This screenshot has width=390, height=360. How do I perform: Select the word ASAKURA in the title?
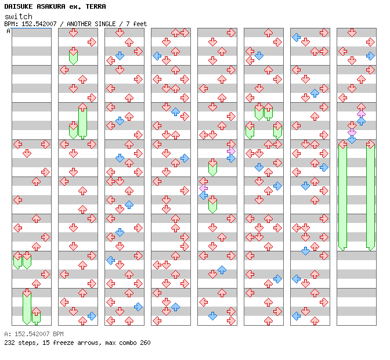(x=53, y=6)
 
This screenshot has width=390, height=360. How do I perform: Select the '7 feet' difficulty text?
(x=137, y=24)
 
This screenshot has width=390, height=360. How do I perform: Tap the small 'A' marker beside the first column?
(x=9, y=31)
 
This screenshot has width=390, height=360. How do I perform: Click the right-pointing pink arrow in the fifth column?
(x=231, y=151)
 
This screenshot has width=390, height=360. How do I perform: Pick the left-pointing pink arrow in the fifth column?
(x=203, y=188)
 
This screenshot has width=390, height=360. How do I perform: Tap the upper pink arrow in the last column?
(x=361, y=114)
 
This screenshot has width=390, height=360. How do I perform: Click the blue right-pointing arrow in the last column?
(x=370, y=56)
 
